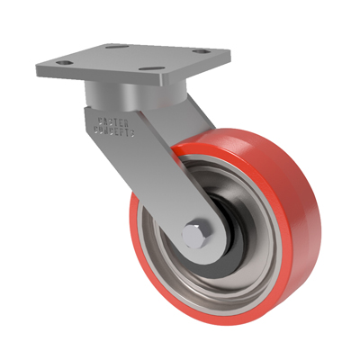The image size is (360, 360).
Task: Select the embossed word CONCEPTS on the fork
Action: point(112,130)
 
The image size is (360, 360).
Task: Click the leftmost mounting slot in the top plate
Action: point(62,63)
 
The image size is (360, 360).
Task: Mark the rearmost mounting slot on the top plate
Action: point(113,46)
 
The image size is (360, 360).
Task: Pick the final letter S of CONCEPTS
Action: point(131,134)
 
